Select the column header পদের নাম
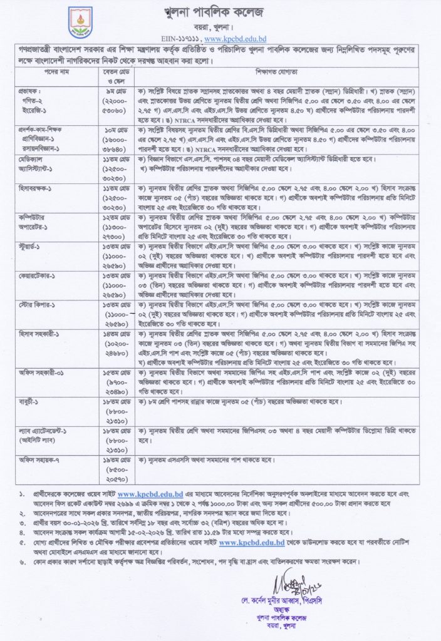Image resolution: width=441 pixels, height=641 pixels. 43,88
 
